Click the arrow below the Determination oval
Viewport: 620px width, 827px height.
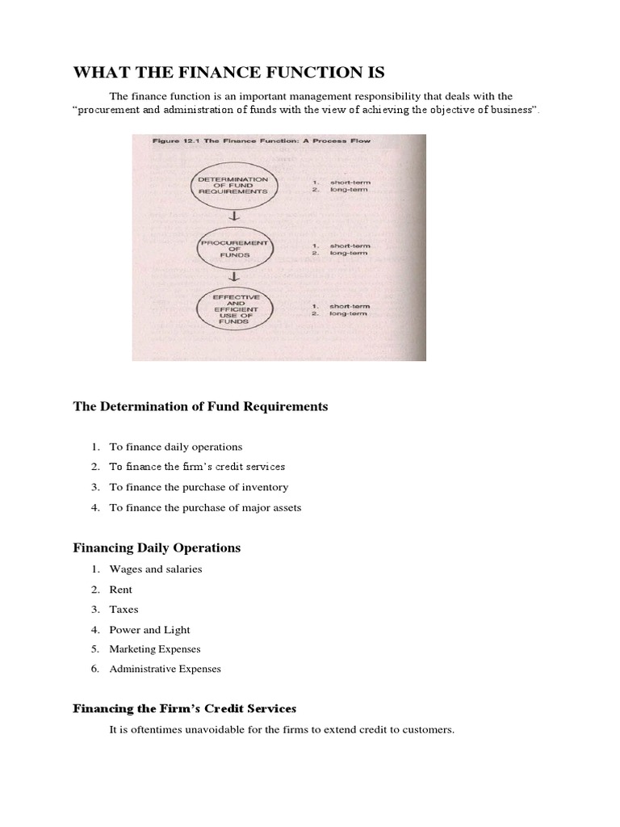tap(232, 216)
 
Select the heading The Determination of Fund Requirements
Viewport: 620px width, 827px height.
tap(200, 407)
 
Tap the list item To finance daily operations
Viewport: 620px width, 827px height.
tap(175, 447)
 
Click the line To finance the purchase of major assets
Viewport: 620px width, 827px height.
tap(205, 507)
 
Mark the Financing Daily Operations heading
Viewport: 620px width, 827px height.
tap(157, 548)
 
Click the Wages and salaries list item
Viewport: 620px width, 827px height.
tap(155, 569)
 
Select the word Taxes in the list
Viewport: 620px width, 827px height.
tap(124, 610)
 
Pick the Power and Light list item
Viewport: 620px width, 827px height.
tap(149, 630)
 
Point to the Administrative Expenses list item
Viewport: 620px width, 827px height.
tap(165, 669)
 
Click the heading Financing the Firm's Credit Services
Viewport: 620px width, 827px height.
tap(185, 709)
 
